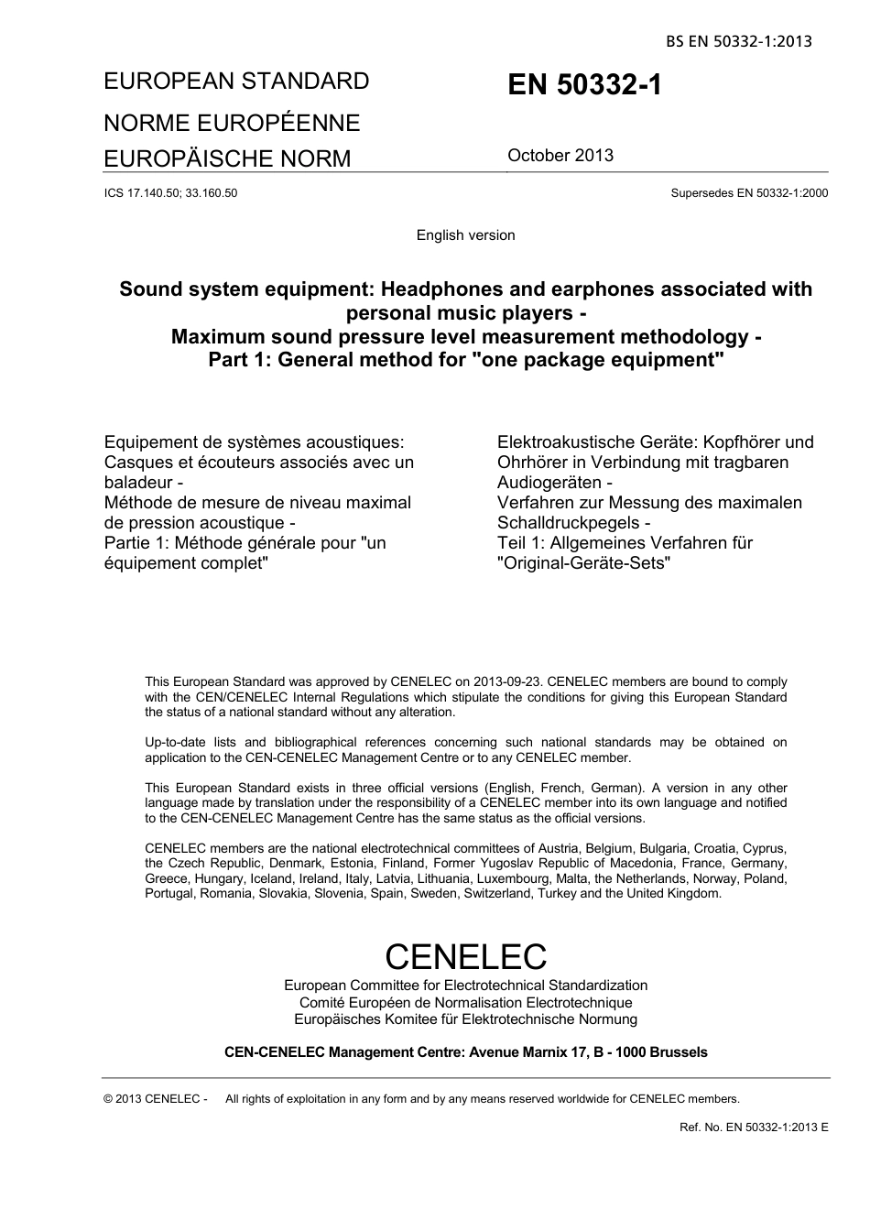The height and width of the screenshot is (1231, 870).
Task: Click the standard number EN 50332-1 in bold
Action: (583, 86)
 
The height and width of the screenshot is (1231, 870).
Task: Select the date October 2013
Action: (560, 156)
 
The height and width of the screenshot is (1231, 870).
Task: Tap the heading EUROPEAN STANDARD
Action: (236, 82)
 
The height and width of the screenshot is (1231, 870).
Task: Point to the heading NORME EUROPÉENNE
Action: (232, 124)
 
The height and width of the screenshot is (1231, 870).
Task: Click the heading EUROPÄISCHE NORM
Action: (227, 159)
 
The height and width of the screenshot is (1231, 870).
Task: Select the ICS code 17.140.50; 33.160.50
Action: (171, 193)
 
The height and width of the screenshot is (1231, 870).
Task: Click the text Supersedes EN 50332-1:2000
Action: (749, 193)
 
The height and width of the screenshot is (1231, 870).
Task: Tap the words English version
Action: (465, 235)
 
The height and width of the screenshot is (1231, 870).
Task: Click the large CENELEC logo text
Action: (465, 957)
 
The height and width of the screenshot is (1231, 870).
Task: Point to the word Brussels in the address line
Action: (676, 1052)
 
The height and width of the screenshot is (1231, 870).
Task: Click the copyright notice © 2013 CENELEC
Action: (156, 1099)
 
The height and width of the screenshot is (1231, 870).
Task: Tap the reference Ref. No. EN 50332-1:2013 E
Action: (754, 1128)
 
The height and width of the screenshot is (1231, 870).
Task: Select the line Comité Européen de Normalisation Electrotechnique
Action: (465, 1003)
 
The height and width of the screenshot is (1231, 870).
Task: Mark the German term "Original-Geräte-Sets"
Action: (584, 563)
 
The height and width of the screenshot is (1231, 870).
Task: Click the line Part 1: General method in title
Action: (465, 360)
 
